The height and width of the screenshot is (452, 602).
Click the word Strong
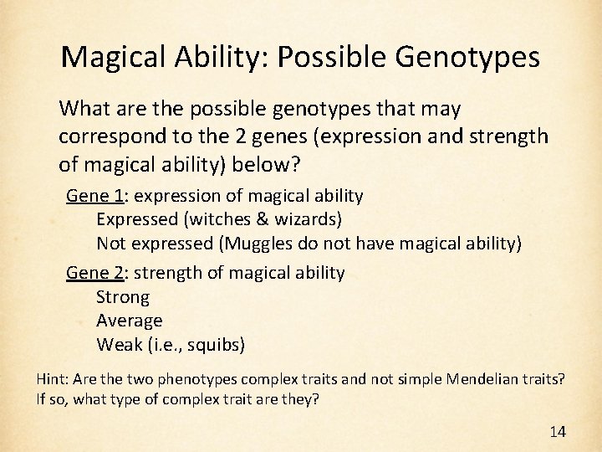click(123, 297)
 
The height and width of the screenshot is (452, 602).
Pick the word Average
click(130, 321)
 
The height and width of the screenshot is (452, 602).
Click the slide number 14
click(557, 432)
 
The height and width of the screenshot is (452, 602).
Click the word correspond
click(104, 135)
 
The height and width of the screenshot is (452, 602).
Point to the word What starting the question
click(81, 109)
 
